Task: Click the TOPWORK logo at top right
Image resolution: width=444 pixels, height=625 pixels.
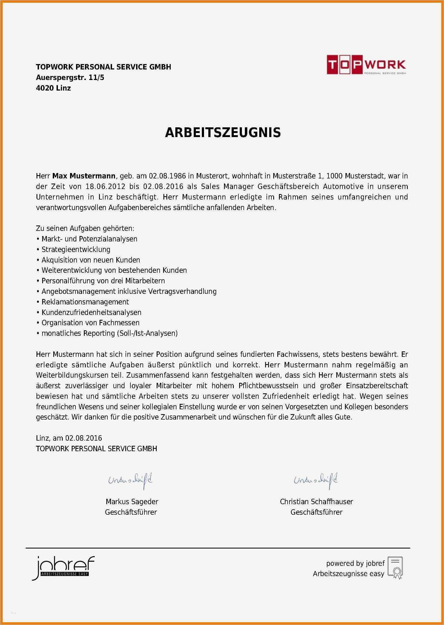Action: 366,64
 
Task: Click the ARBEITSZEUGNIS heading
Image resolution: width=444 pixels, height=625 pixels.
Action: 223,132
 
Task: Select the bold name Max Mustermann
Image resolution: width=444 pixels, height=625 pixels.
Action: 84,176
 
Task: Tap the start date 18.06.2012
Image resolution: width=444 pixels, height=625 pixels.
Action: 105,187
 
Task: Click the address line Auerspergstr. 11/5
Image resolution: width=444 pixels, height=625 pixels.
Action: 70,78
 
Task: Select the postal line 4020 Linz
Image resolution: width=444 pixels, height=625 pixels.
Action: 53,88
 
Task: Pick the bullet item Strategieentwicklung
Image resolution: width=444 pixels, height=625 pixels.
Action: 76,250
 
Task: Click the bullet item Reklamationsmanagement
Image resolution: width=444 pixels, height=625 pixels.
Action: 85,302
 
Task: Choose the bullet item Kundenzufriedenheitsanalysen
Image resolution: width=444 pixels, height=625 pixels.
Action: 91,312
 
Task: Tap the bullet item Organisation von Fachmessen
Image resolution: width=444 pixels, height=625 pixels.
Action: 90,323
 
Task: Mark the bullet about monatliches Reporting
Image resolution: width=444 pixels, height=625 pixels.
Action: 109,333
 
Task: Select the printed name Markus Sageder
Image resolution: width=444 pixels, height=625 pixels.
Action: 132,501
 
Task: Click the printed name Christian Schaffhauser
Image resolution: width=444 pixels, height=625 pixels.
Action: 316,501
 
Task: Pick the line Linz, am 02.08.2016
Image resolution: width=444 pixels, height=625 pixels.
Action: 69,438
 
